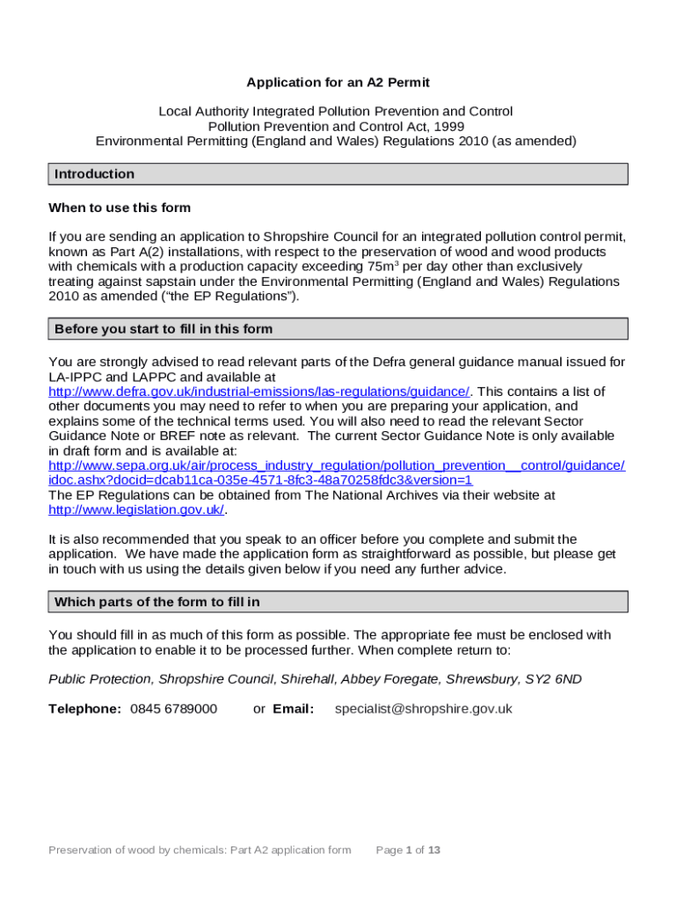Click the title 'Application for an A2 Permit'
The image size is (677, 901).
(x=338, y=83)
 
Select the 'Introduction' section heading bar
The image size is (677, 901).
(x=338, y=174)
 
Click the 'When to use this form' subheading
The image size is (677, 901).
(x=120, y=209)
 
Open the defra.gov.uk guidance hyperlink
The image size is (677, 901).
(x=258, y=392)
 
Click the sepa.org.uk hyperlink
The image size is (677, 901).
(x=337, y=465)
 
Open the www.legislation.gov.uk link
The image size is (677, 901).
(x=136, y=510)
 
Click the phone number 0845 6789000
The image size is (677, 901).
(x=173, y=709)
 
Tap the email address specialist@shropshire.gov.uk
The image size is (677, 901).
(x=423, y=709)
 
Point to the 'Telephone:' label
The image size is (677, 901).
(x=84, y=709)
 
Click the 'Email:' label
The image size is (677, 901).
(x=293, y=709)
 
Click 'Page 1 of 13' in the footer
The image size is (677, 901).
(x=408, y=850)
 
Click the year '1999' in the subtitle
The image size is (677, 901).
(x=447, y=127)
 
